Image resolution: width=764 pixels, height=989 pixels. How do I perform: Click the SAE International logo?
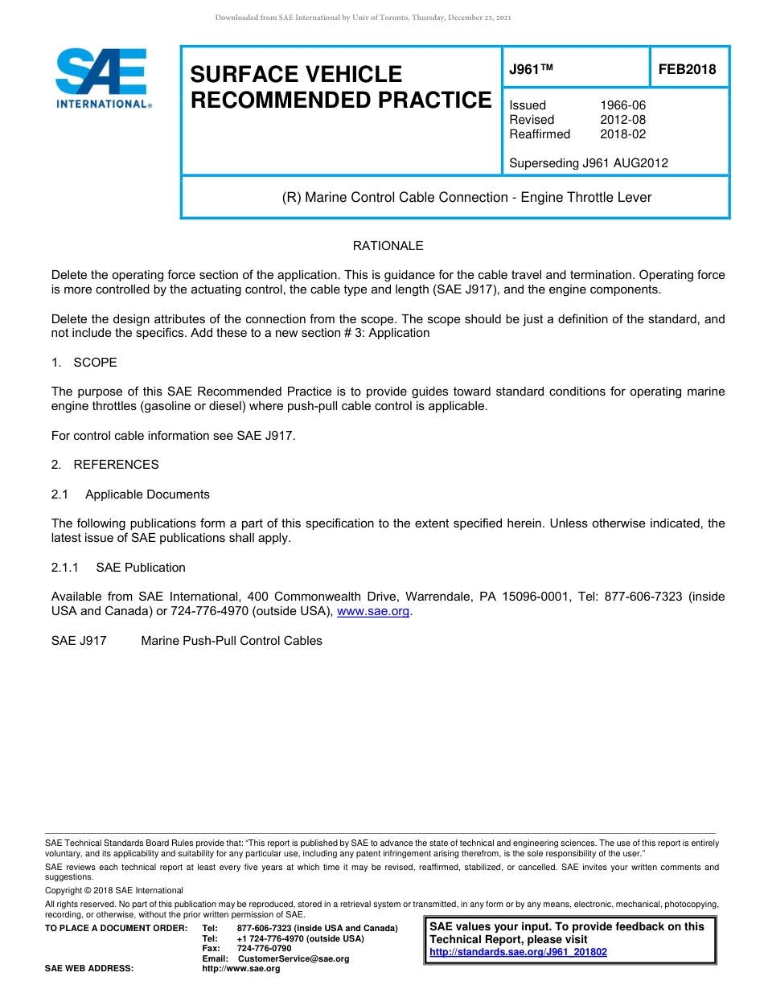coord(102,78)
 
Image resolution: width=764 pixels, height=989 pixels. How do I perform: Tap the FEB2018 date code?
coord(687,69)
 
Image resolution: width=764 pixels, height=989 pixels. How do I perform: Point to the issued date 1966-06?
coord(622,105)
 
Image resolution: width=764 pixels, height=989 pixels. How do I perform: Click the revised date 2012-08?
coord(622,120)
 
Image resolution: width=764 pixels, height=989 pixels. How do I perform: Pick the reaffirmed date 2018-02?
coord(622,134)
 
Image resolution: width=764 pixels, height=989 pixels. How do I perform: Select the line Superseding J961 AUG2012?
coord(588,163)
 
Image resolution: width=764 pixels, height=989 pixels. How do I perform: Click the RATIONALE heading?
coord(388,246)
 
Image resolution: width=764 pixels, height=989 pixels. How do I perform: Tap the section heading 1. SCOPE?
coord(84,363)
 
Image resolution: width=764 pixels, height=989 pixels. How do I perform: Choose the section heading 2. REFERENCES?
coord(105,465)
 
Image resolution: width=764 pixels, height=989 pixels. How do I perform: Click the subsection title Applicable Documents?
coord(147,494)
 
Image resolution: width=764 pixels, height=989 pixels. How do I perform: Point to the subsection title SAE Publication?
coord(141,568)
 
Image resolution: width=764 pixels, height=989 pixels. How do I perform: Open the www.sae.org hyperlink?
coord(373,612)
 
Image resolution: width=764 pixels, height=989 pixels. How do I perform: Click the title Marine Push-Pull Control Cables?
coord(232,641)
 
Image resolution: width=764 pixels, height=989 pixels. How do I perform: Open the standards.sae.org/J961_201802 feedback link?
coord(518,952)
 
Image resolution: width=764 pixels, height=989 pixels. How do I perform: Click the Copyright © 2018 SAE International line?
coord(114,890)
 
